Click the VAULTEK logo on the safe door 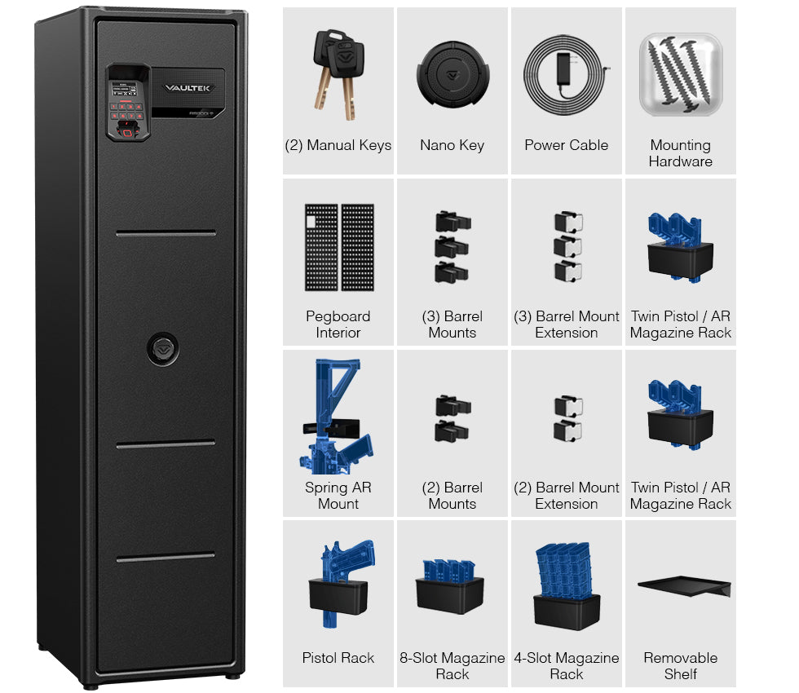point(187,88)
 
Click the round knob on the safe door point(163,349)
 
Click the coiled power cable point(567,74)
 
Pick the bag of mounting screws point(681,74)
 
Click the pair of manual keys point(339,74)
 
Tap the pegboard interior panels point(339,247)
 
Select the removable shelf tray point(684,585)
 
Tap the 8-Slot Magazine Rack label point(452,666)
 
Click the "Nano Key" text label point(452,145)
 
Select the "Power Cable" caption point(566,145)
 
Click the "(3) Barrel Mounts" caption point(452,324)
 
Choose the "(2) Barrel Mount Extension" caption point(566,496)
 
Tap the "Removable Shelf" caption point(680,666)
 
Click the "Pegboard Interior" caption point(338,324)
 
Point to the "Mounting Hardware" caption point(680,153)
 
